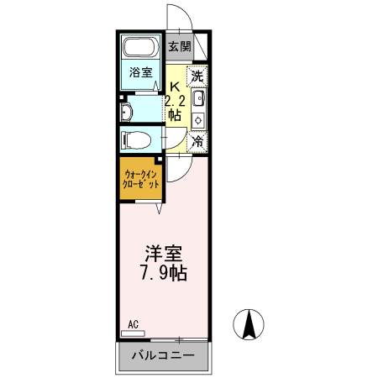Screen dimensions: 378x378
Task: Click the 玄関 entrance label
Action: (x=178, y=47)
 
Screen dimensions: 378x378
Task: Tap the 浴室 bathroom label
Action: (x=140, y=72)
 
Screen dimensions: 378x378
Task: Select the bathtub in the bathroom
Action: (x=140, y=50)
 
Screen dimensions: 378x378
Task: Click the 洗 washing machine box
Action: (x=197, y=76)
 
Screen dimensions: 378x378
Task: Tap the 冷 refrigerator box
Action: (x=197, y=142)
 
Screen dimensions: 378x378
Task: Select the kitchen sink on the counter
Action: (x=198, y=100)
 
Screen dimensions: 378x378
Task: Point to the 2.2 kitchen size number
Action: (x=175, y=102)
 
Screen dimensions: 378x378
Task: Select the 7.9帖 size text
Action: (x=164, y=273)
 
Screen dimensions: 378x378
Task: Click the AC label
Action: (x=133, y=323)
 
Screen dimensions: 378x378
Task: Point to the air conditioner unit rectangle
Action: (x=133, y=333)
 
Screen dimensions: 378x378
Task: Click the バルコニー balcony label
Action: (x=164, y=355)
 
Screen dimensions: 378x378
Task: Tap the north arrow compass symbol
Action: (x=249, y=324)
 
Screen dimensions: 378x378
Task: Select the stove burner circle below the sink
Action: (x=199, y=120)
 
